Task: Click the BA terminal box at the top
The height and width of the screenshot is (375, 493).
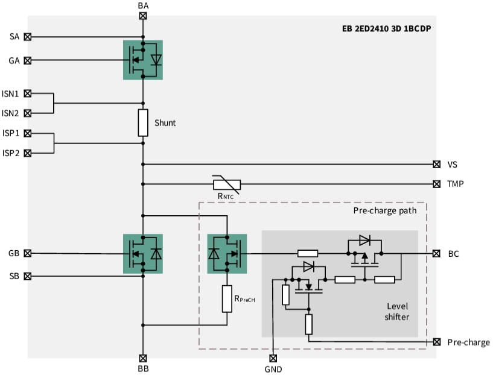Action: (x=143, y=16)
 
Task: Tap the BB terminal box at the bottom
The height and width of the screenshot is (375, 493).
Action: (x=143, y=358)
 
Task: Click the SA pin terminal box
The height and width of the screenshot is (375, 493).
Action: (x=27, y=37)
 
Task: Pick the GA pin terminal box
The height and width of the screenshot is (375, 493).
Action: (x=27, y=60)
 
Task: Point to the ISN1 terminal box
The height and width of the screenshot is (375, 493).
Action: (x=27, y=93)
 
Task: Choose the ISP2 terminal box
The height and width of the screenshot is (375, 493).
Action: (x=27, y=153)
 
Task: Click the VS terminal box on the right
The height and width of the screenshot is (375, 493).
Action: (x=436, y=164)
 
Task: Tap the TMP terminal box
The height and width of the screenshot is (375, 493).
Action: (x=436, y=184)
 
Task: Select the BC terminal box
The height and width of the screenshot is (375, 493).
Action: (x=436, y=254)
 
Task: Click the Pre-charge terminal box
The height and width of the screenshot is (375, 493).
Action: (x=436, y=342)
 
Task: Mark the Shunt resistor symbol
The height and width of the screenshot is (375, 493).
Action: (x=143, y=122)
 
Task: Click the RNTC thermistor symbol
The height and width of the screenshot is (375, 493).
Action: (x=227, y=184)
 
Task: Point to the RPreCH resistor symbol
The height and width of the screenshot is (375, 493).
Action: (x=227, y=298)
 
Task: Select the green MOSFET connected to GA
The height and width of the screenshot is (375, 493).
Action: (x=143, y=60)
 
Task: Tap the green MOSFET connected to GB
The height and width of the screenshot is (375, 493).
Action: (x=143, y=254)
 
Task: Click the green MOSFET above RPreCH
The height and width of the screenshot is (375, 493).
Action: (x=227, y=254)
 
